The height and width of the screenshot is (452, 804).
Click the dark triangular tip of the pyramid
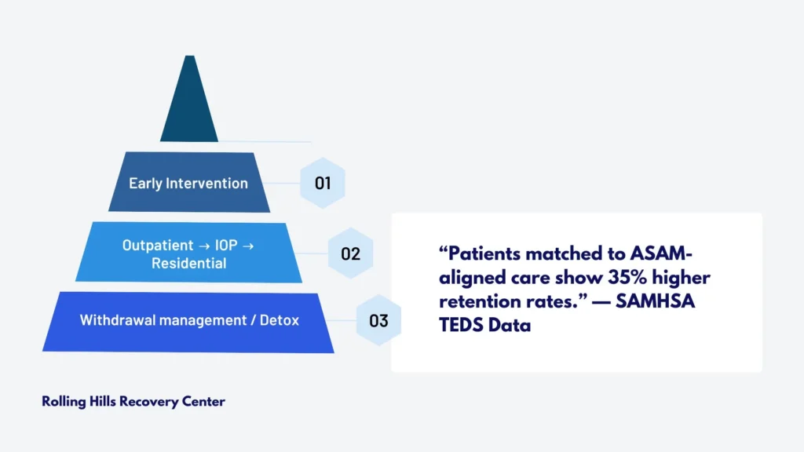189,103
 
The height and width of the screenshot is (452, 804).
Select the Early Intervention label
188,183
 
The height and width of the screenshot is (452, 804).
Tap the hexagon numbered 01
323,183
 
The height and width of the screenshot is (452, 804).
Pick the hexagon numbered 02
351,253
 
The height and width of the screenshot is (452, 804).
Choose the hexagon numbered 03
379,320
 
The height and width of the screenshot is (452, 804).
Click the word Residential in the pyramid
188,263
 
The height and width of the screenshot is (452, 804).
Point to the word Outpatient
158,246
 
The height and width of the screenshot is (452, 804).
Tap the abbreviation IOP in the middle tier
226,245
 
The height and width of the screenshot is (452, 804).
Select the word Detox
280,320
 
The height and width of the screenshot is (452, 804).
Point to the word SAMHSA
656,301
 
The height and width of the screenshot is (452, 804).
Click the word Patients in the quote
484,253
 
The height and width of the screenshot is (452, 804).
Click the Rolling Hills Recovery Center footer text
133,401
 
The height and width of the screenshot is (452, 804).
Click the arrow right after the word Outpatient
204,246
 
